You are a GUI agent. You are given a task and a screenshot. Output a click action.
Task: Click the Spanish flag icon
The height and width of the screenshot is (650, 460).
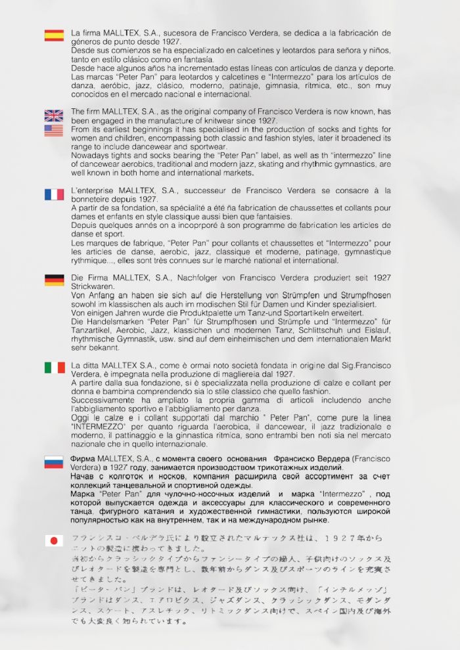(54, 35)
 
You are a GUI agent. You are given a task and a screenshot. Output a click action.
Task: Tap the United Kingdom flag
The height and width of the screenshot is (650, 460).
(54, 116)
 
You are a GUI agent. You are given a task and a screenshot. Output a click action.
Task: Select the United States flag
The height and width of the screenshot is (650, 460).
(54, 131)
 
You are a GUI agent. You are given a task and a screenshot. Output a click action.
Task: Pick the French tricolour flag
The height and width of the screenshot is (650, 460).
(54, 194)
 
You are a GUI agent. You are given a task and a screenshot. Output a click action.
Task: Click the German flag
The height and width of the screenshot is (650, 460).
(54, 280)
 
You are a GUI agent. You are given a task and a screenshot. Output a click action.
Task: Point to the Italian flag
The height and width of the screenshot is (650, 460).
(54, 368)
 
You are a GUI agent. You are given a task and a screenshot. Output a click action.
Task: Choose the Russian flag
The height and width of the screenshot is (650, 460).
(54, 462)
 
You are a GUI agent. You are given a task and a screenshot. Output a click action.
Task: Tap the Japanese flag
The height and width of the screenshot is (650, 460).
(54, 540)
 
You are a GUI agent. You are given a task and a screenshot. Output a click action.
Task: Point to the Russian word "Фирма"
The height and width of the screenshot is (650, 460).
(83, 458)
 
